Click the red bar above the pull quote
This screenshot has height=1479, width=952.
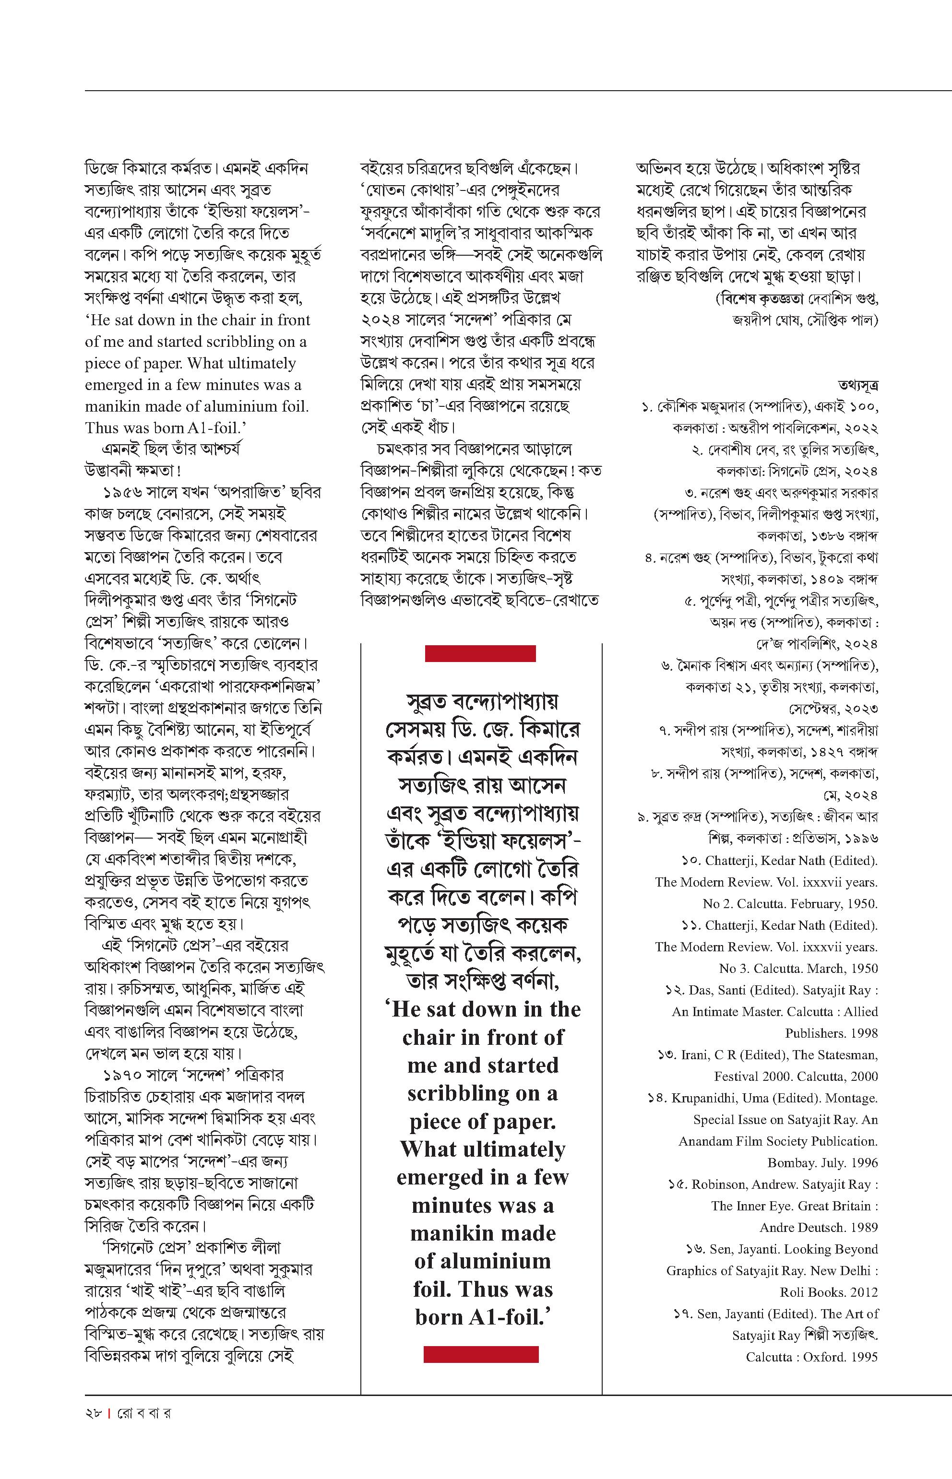click(480, 653)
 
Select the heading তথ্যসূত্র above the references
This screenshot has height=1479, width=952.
click(858, 385)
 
